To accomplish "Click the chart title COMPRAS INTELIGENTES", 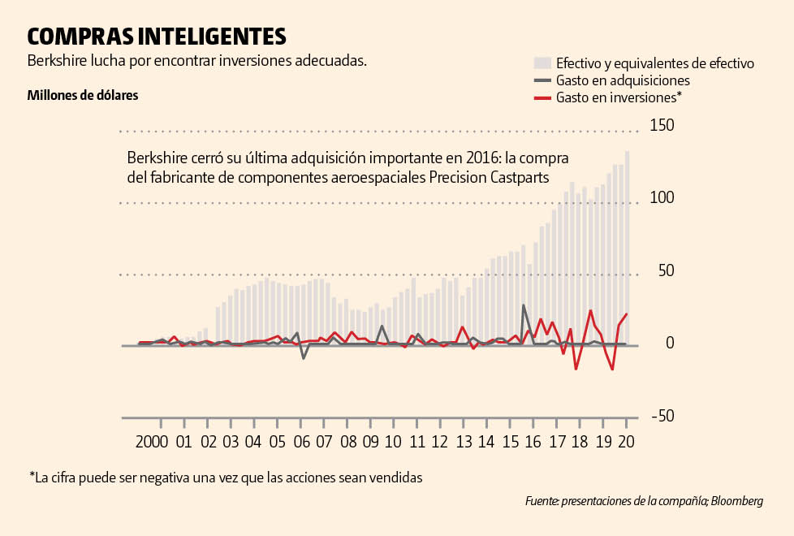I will click(157, 36).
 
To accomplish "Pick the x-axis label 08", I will click(349, 443).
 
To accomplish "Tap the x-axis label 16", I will click(533, 443).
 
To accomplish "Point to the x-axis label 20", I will click(626, 443).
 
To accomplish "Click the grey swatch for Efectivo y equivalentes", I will click(542, 63).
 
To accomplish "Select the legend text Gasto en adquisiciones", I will click(623, 80).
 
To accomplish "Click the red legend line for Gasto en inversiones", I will click(542, 98).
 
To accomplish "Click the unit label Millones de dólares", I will click(83, 95).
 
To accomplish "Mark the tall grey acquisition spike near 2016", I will click(524, 306).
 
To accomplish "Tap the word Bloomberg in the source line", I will click(737, 502).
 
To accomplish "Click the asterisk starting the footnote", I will click(32, 475).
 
